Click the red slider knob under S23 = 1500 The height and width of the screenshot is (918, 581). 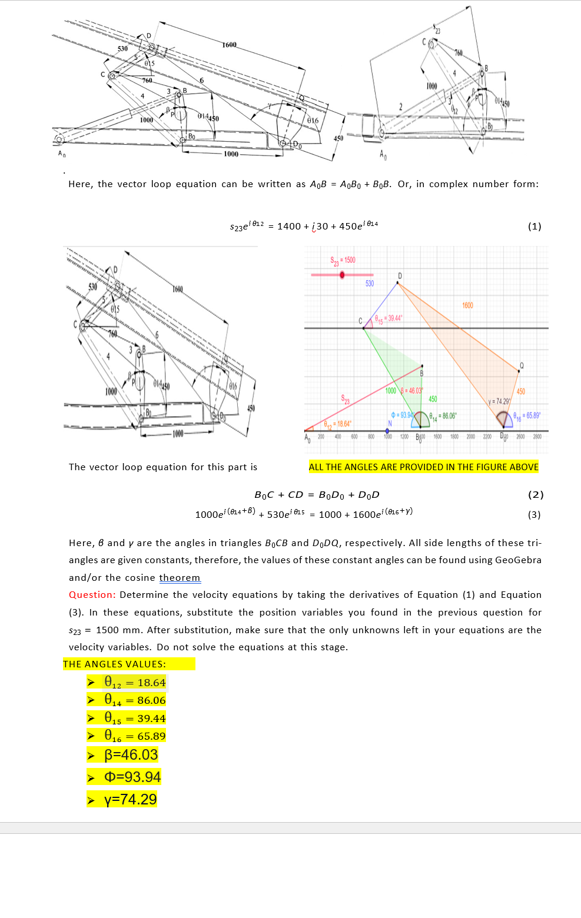tap(342, 275)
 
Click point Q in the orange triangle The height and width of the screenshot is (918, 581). tap(519, 371)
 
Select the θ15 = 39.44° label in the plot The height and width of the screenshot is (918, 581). tap(389, 318)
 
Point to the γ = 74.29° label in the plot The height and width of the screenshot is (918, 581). tap(499, 401)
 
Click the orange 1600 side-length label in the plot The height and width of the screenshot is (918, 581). tap(467, 305)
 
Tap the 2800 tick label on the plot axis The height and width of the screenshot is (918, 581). tap(537, 437)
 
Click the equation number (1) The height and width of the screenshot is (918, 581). tap(534, 227)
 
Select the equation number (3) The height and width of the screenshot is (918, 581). tap(534, 515)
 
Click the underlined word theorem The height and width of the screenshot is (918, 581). tap(180, 578)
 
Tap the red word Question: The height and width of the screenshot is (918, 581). tap(92, 595)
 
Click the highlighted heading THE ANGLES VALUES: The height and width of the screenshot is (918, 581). tap(115, 664)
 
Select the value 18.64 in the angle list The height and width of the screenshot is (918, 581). tap(151, 683)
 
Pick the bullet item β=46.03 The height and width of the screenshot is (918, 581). tap(131, 755)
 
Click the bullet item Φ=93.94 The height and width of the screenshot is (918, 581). tap(132, 777)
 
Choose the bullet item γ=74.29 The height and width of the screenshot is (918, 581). tap(130, 800)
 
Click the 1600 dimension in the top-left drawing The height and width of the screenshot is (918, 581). tap(229, 45)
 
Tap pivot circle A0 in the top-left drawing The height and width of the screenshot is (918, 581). tap(59, 139)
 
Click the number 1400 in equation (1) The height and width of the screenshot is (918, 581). tap(289, 227)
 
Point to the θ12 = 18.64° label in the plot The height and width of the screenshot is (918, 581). tap(337, 424)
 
